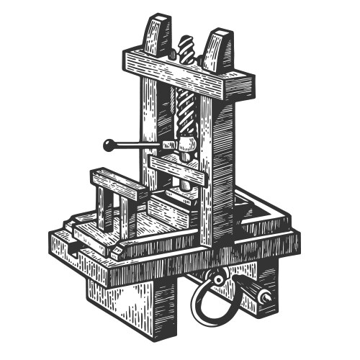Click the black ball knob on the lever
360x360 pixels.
109,146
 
